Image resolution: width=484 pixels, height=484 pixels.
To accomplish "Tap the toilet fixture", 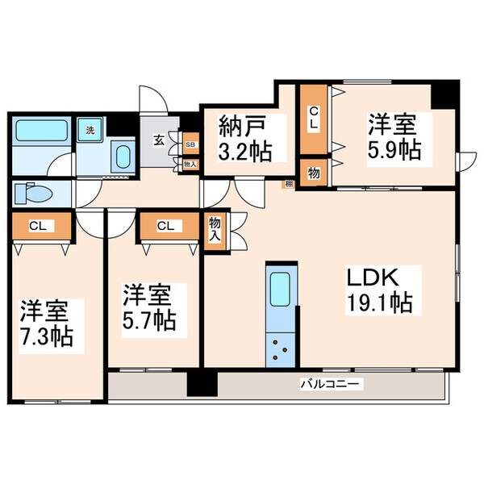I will point(32,193).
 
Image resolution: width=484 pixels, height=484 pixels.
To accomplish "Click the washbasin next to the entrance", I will point(123,156).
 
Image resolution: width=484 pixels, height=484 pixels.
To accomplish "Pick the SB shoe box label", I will point(190,145).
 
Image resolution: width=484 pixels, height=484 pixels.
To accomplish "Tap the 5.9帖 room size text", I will point(394,151).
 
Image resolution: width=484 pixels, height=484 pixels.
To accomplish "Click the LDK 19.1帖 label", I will point(379,291).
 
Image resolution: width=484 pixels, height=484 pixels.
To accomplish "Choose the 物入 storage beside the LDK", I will point(215,230).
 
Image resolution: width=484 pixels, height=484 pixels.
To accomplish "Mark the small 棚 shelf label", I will point(288,185).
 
